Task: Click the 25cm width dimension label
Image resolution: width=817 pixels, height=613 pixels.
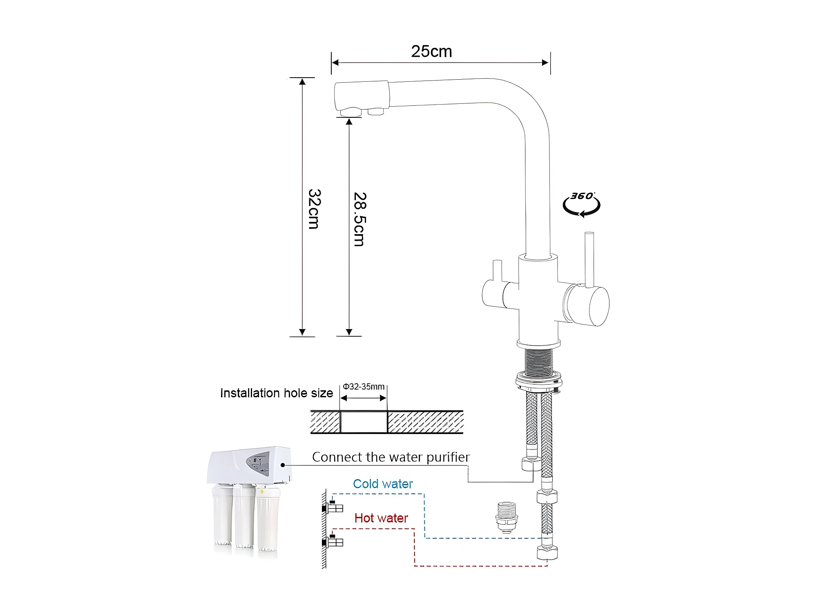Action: coord(431,51)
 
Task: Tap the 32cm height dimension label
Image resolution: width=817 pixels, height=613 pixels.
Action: coord(314,209)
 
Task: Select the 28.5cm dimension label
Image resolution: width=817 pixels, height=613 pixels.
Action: coord(359,219)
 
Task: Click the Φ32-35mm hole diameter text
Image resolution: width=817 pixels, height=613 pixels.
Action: coord(364,387)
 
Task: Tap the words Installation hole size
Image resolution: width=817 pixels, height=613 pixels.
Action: coord(277,393)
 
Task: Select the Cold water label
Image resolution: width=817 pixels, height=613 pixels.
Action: coord(383,484)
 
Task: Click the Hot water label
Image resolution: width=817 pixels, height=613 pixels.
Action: coord(381,518)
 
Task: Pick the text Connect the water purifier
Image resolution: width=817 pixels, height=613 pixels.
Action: coord(391,457)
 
